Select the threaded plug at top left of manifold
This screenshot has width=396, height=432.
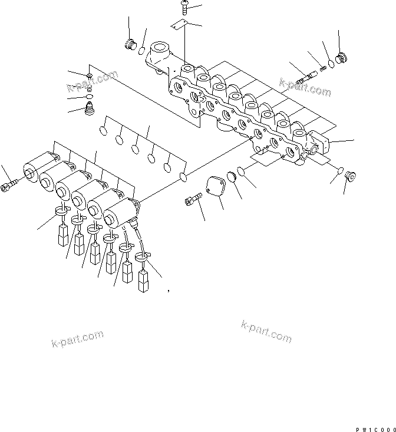(x=131, y=45)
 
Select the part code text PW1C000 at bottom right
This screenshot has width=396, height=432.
(x=375, y=429)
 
